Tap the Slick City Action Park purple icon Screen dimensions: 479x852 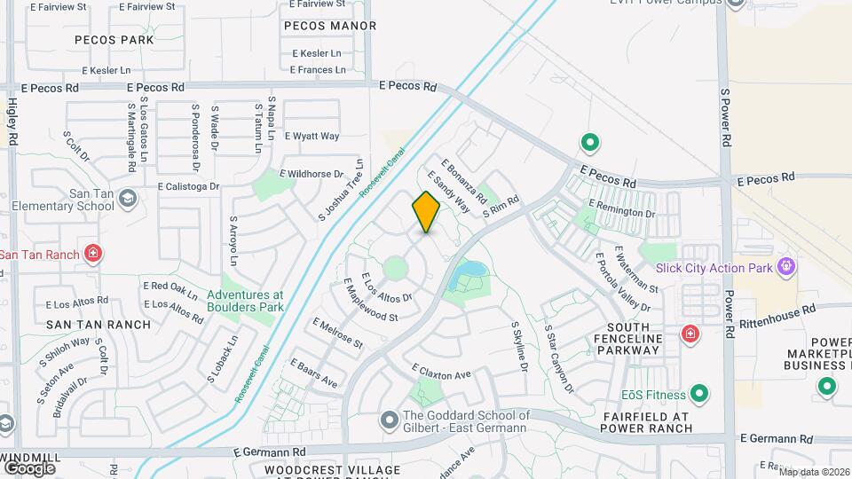point(785,266)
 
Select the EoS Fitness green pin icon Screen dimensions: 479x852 point(699,394)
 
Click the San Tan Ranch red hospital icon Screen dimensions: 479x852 point(92,255)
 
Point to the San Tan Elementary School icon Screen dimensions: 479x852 point(128,197)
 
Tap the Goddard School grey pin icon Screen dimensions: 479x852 point(389,418)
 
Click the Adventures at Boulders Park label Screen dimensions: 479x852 point(245,301)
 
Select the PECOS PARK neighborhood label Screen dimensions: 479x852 point(114,40)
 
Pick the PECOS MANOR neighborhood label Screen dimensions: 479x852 point(330,27)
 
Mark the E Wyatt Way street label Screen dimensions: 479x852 point(312,137)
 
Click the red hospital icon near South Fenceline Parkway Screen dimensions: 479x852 point(689,334)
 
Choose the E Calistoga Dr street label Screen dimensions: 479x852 point(187,186)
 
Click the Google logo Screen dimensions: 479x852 point(28,467)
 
